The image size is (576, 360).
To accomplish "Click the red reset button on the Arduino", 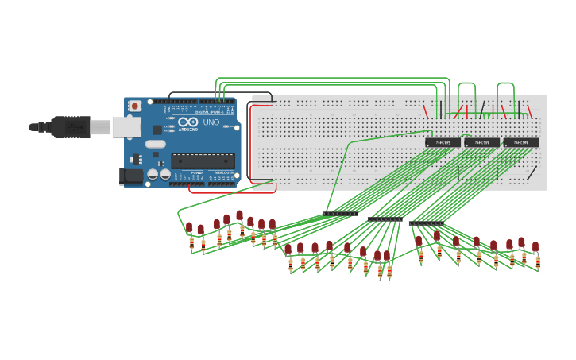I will pyautogui.click(x=135, y=105).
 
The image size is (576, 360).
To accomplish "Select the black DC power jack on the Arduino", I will pyautogui.click(x=130, y=176).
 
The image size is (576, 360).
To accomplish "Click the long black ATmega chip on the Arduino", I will pyautogui.click(x=203, y=161).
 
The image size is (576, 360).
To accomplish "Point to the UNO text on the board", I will pyautogui.click(x=211, y=123).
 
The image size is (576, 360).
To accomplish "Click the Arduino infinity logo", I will pyautogui.click(x=187, y=122).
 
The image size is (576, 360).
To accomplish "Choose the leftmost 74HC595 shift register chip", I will pyautogui.click(x=443, y=143).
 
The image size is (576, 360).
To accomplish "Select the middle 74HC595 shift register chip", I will pyautogui.click(x=482, y=143).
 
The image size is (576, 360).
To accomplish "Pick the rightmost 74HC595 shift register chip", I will pyautogui.click(x=521, y=143).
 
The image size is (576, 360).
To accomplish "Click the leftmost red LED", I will pyautogui.click(x=189, y=227).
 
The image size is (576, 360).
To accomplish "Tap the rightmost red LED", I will pyautogui.click(x=535, y=246).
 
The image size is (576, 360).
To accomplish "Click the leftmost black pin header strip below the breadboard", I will pyautogui.click(x=341, y=214).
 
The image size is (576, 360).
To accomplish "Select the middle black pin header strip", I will pyautogui.click(x=385, y=219).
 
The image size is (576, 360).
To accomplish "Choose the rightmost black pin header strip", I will pyautogui.click(x=427, y=223).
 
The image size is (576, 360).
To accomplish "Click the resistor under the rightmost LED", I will pyautogui.click(x=538, y=261).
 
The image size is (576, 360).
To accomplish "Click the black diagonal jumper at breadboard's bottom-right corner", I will pyautogui.click(x=532, y=173).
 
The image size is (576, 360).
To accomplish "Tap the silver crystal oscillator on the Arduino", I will pyautogui.click(x=156, y=145).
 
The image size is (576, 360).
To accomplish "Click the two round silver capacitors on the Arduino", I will pyautogui.click(x=159, y=174).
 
